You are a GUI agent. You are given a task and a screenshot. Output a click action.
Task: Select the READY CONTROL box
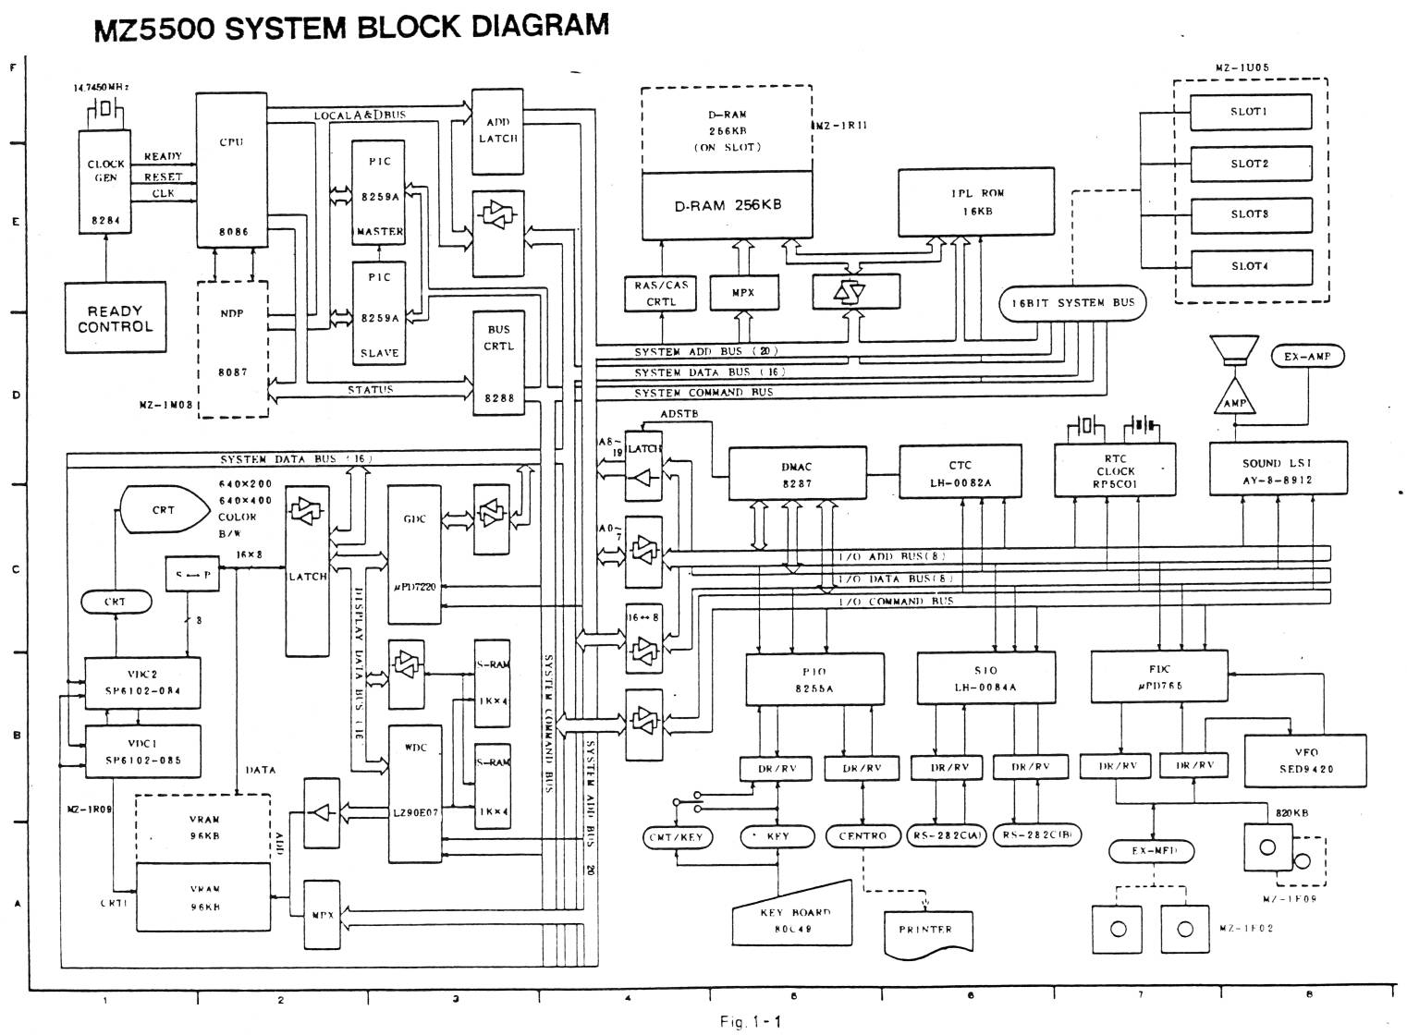(x=116, y=318)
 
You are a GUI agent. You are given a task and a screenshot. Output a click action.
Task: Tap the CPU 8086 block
(x=231, y=167)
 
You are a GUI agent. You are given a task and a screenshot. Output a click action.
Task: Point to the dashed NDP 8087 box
(x=232, y=348)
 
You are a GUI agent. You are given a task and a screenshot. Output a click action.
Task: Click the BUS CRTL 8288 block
(x=498, y=363)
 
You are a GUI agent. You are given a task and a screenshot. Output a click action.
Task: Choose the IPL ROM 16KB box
(x=976, y=201)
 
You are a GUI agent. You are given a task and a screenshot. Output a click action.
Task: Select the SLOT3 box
(x=1250, y=215)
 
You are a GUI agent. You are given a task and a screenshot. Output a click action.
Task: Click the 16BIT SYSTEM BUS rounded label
(x=1072, y=303)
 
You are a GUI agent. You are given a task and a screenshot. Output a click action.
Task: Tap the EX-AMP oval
(x=1306, y=356)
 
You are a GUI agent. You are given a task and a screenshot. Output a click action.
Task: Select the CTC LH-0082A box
(x=960, y=474)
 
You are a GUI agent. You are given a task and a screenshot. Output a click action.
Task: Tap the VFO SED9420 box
(x=1306, y=761)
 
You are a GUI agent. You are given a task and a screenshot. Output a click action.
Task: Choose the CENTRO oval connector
(x=863, y=836)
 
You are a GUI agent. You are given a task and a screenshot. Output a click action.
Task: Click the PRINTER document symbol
(x=925, y=931)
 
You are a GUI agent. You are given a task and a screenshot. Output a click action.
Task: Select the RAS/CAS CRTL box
(x=661, y=294)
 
